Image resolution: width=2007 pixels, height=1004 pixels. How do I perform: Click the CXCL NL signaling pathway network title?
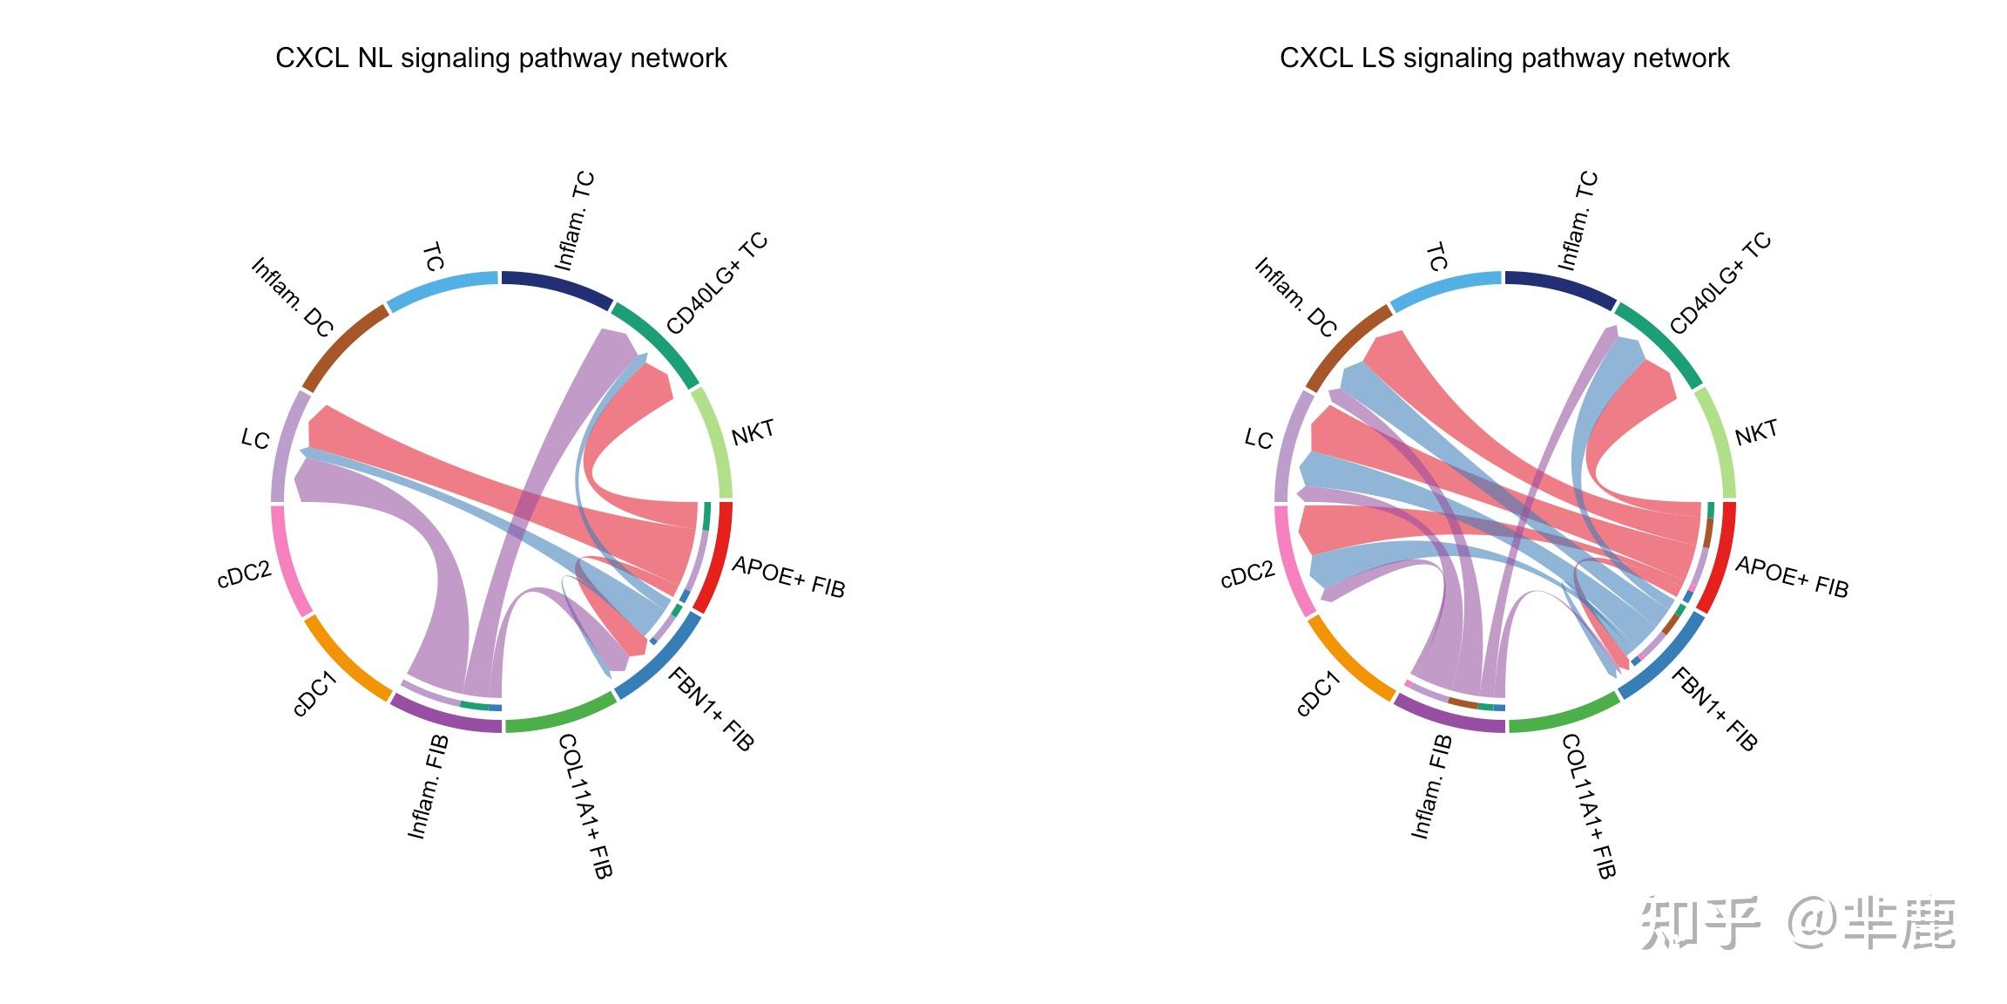(501, 58)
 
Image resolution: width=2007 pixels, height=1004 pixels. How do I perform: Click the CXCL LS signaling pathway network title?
(1504, 58)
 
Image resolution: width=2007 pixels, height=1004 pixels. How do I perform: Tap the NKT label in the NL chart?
(753, 432)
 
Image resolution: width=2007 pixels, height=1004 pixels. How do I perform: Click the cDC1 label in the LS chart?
(1317, 694)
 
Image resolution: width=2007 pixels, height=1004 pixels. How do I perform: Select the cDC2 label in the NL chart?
(244, 575)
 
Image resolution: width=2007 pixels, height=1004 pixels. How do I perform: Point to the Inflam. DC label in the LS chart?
(1295, 297)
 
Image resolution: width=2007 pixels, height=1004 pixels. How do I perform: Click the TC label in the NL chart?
(434, 258)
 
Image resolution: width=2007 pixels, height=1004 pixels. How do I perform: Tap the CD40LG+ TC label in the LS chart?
(1720, 283)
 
